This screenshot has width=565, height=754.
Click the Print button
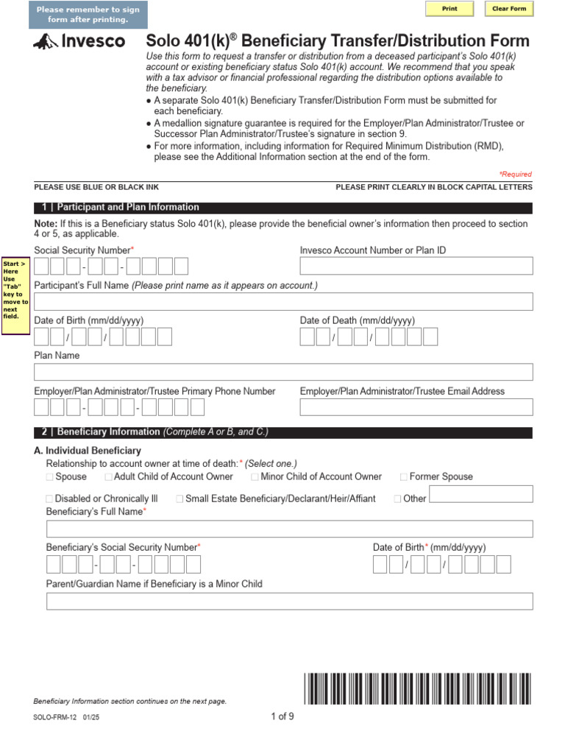click(449, 9)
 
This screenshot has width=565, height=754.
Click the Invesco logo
click(79, 42)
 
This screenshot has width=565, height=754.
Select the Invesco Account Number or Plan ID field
click(416, 266)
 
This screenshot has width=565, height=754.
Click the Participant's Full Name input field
click(283, 301)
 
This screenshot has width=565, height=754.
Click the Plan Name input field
click(283, 371)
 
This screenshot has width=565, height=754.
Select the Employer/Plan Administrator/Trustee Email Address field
click(416, 407)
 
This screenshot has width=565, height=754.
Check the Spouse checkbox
click(50, 477)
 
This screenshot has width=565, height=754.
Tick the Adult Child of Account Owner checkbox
click(108, 477)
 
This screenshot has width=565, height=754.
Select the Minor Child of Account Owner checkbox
click(255, 477)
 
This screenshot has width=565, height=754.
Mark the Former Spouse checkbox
click(403, 477)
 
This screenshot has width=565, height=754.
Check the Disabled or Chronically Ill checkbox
click(50, 499)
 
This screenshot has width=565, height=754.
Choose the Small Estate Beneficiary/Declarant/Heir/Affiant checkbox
click(180, 499)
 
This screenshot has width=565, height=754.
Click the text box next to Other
click(480, 495)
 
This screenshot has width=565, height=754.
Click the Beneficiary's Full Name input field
click(289, 529)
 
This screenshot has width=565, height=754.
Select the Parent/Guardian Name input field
click(289, 601)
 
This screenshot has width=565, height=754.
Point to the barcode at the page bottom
click(416, 689)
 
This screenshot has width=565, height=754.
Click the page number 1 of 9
click(282, 716)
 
